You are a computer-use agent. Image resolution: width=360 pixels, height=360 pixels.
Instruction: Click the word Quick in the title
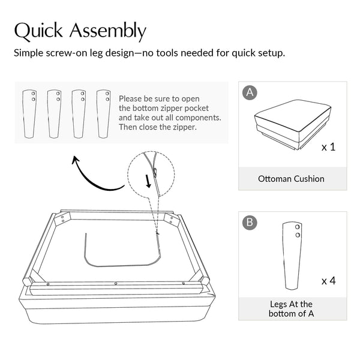(x=38, y=31)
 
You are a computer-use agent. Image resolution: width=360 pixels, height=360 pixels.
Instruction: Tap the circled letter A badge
(x=250, y=92)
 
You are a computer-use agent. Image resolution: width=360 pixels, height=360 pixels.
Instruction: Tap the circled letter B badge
(x=250, y=223)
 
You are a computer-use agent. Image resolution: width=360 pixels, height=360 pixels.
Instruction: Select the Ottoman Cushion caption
(x=291, y=179)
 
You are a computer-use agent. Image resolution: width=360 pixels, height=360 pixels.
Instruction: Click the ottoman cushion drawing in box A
(x=293, y=125)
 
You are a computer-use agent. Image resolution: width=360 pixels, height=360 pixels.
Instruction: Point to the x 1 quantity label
(x=329, y=147)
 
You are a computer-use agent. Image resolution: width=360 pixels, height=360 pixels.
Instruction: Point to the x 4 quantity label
(x=329, y=281)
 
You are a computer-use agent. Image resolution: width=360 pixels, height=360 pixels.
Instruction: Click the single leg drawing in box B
(x=292, y=256)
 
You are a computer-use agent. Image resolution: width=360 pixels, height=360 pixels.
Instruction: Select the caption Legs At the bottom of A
(x=291, y=309)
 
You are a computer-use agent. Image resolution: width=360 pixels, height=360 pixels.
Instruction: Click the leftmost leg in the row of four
(x=29, y=114)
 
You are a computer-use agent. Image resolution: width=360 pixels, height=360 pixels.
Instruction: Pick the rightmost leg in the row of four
(x=103, y=114)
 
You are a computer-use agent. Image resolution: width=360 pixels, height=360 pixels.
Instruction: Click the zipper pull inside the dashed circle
(x=155, y=172)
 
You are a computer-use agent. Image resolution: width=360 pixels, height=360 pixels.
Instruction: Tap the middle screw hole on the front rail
(x=116, y=284)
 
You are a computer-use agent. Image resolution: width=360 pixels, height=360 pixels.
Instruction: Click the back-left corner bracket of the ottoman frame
(x=62, y=219)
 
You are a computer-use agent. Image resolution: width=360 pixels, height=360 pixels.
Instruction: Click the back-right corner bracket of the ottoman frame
(x=171, y=219)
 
